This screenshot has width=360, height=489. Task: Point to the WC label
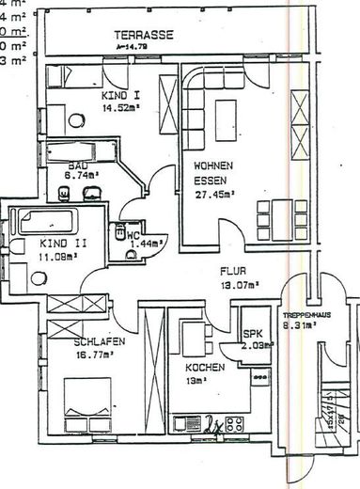[x=133, y=235]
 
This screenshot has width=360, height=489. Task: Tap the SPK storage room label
[x=252, y=333]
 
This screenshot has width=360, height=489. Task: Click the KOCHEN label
[x=203, y=367]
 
